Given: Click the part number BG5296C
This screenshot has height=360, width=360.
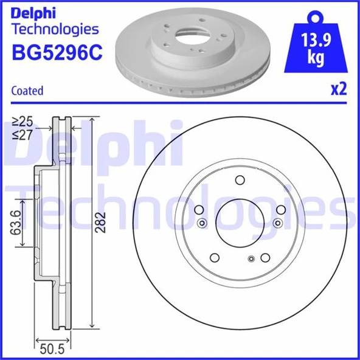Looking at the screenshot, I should pyautogui.click(x=55, y=53).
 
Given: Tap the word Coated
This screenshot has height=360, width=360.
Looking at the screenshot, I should pyautogui.click(x=27, y=91).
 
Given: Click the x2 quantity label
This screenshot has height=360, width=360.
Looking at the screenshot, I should pyautogui.click(x=337, y=89).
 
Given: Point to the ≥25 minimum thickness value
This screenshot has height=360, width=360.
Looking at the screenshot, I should pyautogui.click(x=25, y=121).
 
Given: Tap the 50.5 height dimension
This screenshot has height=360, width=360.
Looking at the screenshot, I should pyautogui.click(x=52, y=349).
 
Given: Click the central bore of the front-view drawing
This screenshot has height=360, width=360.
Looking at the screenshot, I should pyautogui.click(x=239, y=221).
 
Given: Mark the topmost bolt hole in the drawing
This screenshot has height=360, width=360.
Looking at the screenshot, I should pyautogui.click(x=239, y=180).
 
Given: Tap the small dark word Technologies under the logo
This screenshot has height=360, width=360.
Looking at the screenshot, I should pyautogui.click(x=55, y=29).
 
